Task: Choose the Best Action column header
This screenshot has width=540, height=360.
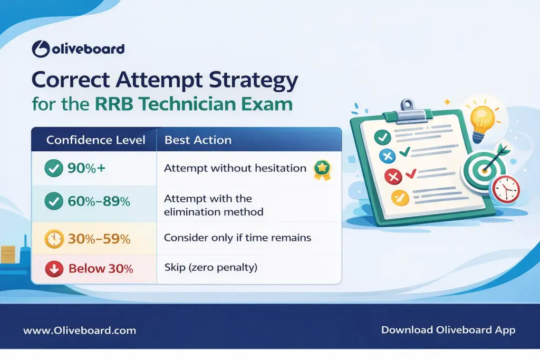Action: click(198, 140)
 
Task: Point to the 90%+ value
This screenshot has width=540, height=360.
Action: click(88, 169)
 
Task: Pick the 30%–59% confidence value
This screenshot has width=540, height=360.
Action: click(99, 238)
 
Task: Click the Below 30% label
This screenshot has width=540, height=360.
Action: click(101, 268)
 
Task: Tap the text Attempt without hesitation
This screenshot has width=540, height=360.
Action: click(235, 168)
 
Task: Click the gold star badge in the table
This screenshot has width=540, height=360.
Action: click(321, 169)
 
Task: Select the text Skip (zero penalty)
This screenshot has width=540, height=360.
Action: click(210, 268)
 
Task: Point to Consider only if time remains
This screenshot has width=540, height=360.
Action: click(237, 238)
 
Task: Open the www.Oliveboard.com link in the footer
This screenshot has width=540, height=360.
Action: click(80, 330)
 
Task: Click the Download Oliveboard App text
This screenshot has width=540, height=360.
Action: click(448, 330)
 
